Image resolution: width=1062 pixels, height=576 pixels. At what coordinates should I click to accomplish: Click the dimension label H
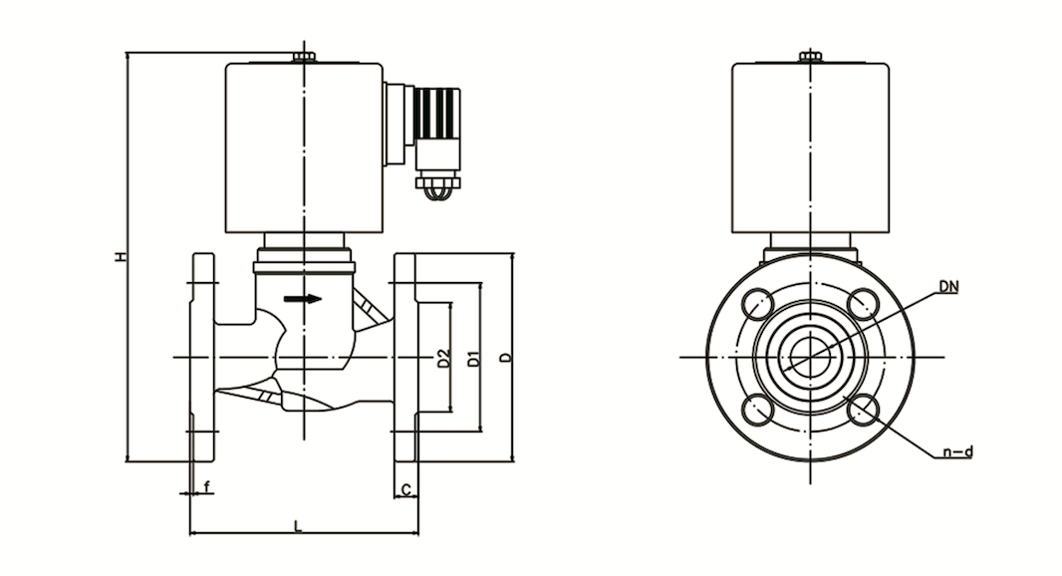pyautogui.click(x=121, y=257)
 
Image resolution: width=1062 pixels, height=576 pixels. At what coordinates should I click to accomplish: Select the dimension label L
pyautogui.click(x=297, y=525)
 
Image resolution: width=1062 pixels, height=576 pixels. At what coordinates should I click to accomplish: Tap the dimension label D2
pyautogui.click(x=443, y=358)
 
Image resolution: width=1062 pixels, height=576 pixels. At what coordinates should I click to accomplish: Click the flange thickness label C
pyautogui.click(x=405, y=489)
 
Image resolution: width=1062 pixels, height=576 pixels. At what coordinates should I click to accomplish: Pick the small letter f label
pyautogui.click(x=207, y=486)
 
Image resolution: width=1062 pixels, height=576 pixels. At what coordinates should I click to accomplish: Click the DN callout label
pyautogui.click(x=948, y=287)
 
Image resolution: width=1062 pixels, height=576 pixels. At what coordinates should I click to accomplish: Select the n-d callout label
pyautogui.click(x=957, y=451)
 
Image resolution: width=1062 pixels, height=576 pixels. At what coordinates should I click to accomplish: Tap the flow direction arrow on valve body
pyautogui.click(x=303, y=299)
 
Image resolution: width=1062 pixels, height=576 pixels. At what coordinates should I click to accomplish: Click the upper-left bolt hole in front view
pyautogui.click(x=758, y=304)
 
